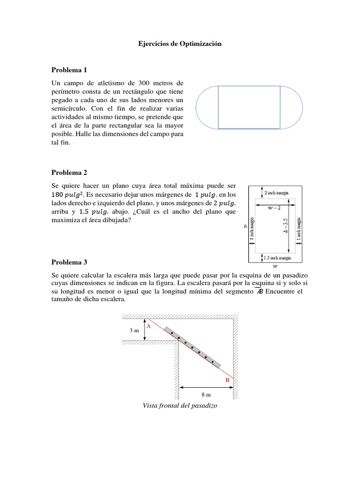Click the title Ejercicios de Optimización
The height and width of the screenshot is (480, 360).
(x=180, y=44)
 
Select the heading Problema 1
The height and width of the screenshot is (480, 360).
(x=69, y=70)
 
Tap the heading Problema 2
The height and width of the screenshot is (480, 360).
(x=69, y=172)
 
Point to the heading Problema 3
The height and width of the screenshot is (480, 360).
(x=69, y=262)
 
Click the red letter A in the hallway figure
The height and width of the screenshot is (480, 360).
(x=149, y=325)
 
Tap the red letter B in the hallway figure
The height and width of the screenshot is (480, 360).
(x=227, y=380)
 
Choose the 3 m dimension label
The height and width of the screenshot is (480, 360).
(x=135, y=331)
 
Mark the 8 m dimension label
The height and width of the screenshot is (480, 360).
(x=206, y=395)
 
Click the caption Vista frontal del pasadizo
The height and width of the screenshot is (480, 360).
(x=180, y=405)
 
